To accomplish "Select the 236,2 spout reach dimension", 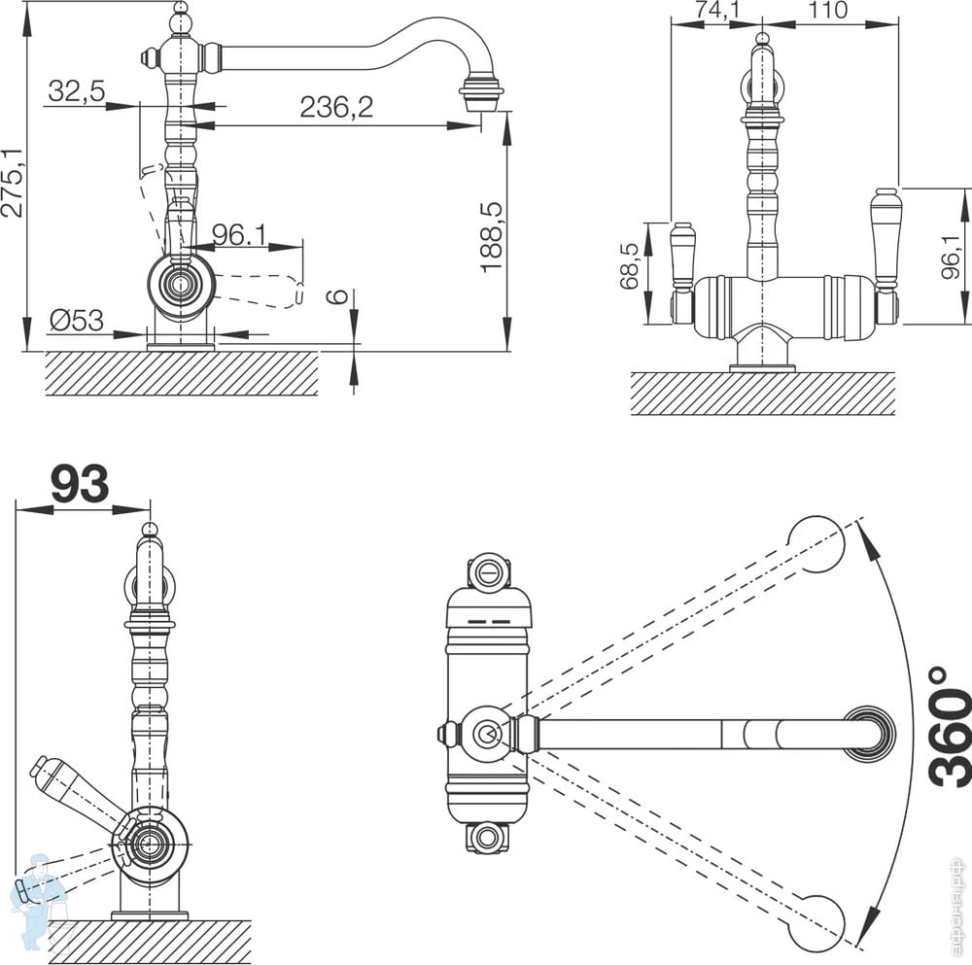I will [x=336, y=108].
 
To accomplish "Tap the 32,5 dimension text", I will [x=75, y=91].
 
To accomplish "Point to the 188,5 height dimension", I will [x=493, y=236].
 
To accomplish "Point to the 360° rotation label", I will [x=948, y=726].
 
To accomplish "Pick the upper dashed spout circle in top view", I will [x=816, y=544].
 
